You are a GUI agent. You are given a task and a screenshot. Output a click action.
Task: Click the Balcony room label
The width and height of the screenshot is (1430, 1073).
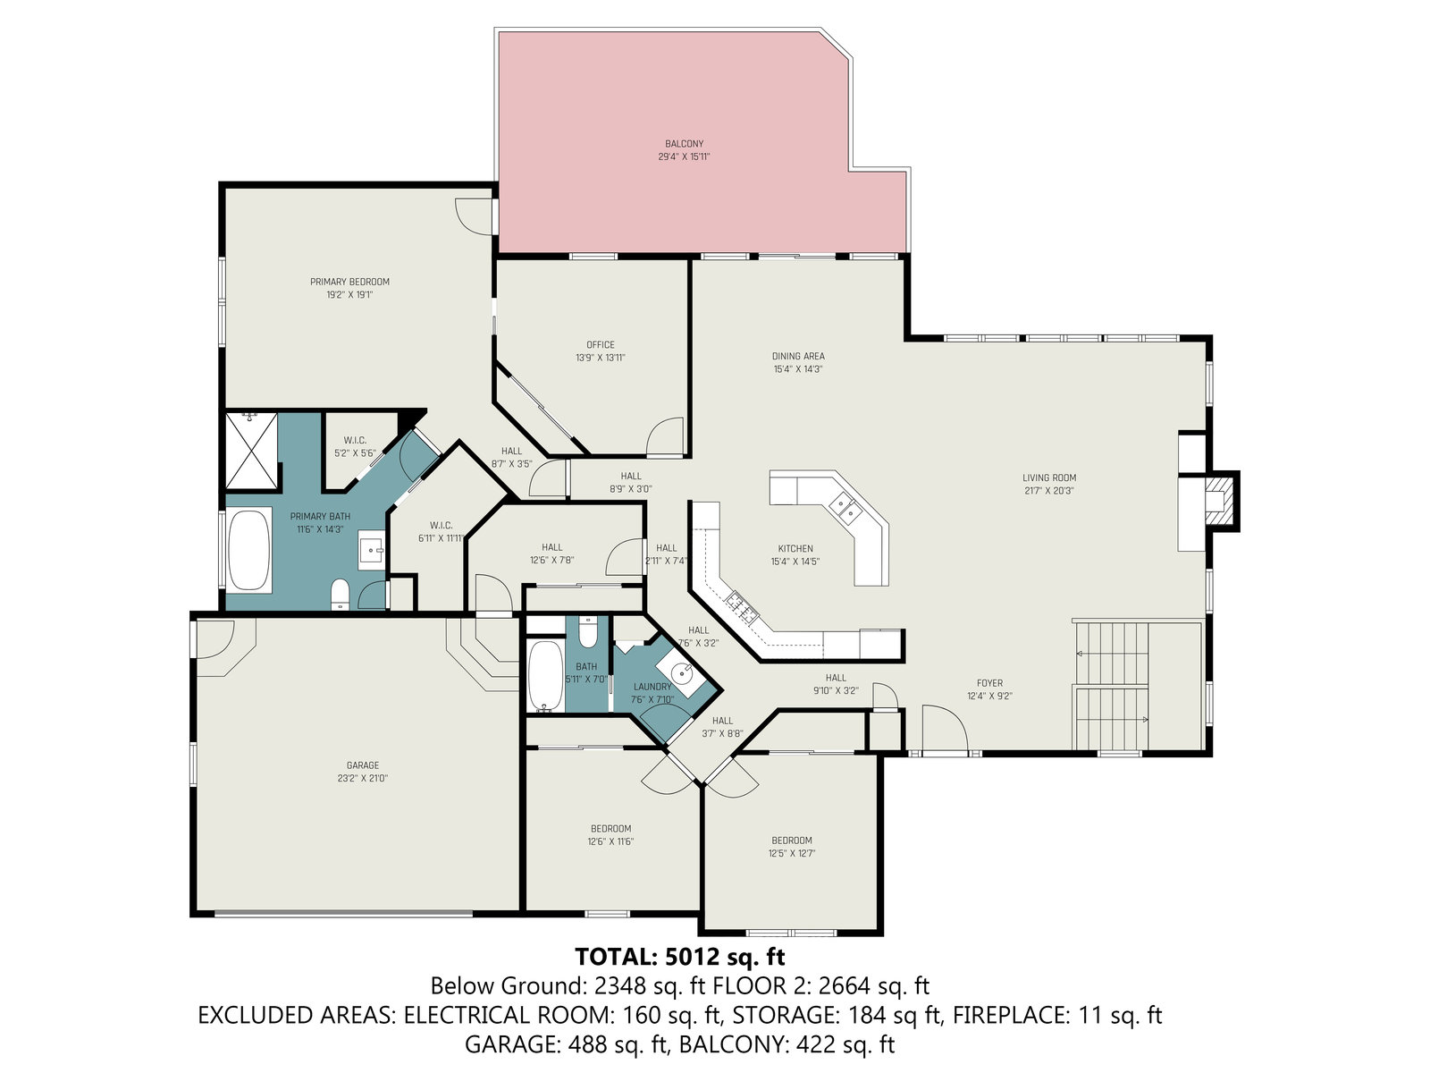pyautogui.click(x=684, y=144)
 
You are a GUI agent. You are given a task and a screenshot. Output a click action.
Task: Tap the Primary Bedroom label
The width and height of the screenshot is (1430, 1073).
pyautogui.click(x=349, y=282)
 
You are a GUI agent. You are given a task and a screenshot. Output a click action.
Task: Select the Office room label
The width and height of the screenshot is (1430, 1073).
pyautogui.click(x=600, y=344)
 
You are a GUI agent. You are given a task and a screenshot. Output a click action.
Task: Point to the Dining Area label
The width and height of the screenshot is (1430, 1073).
pyautogui.click(x=798, y=357)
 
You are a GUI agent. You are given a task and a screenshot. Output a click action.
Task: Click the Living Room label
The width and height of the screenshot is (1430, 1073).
pyautogui.click(x=1049, y=478)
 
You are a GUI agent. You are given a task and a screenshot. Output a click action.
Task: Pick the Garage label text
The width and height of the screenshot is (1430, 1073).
pyautogui.click(x=362, y=765)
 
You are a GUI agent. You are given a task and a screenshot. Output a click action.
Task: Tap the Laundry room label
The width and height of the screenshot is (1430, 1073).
pyautogui.click(x=652, y=687)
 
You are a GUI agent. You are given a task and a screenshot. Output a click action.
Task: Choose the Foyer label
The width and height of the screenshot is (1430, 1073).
pyautogui.click(x=989, y=683)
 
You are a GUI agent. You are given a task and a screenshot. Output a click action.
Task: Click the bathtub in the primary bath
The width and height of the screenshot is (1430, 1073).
pyautogui.click(x=249, y=551)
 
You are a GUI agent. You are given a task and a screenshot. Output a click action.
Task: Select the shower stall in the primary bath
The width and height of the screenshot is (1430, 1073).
pyautogui.click(x=251, y=450)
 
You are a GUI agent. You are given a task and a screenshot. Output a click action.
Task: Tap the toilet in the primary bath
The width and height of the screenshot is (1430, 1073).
pyautogui.click(x=341, y=594)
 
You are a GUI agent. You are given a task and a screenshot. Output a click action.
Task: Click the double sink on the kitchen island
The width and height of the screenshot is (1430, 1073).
pyautogui.click(x=845, y=510)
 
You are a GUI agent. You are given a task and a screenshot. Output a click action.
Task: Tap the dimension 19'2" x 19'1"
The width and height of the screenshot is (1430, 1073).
pyautogui.click(x=349, y=295)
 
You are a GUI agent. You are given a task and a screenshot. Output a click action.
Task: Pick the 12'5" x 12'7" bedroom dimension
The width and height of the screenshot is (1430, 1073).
pyautogui.click(x=792, y=853)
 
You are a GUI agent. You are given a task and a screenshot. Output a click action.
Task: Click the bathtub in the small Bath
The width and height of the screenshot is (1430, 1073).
pyautogui.click(x=545, y=677)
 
